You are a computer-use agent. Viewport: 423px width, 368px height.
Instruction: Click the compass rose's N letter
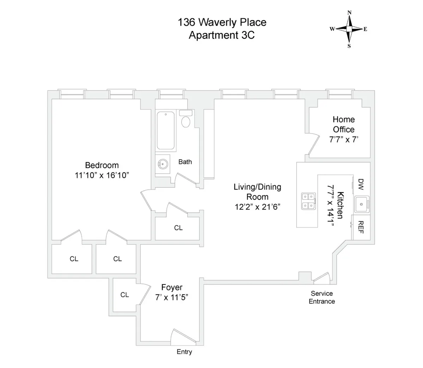pyautogui.click(x=349, y=13)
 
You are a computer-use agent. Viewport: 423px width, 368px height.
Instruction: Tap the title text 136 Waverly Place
pyautogui.click(x=222, y=23)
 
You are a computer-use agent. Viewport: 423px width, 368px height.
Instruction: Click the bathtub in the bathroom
pyautogui.click(x=166, y=131)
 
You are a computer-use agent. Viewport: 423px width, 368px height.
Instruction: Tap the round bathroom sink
pyautogui.click(x=163, y=163)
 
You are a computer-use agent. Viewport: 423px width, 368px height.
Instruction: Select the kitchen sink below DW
pyautogui.click(x=361, y=205)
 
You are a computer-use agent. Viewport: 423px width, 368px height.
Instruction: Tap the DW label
pyautogui.click(x=361, y=183)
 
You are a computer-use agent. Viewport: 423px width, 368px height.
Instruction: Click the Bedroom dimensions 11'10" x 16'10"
pyautogui.click(x=102, y=175)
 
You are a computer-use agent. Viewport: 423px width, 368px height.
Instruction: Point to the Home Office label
pyautogui.click(x=344, y=124)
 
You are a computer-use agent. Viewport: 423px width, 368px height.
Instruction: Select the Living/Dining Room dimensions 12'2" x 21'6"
pyautogui.click(x=257, y=207)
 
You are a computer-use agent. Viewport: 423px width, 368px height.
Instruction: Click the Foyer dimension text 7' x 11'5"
pyautogui.click(x=172, y=297)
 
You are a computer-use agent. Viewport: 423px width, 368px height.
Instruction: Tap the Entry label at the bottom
pyautogui.click(x=184, y=352)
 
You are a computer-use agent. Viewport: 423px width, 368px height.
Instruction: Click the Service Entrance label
pyautogui.click(x=322, y=297)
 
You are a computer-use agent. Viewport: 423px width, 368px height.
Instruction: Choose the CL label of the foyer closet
pyautogui.click(x=124, y=295)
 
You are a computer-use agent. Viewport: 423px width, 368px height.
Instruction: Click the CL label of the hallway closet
pyautogui.click(x=178, y=228)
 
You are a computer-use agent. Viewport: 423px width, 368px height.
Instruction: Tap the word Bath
pyautogui.click(x=185, y=162)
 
